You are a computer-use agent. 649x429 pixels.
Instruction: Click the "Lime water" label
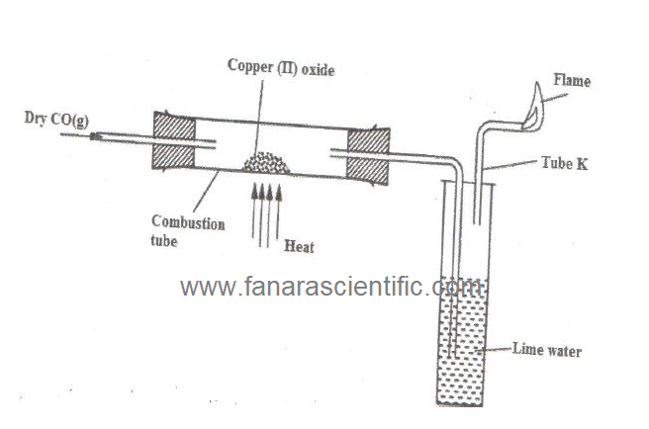point(546,349)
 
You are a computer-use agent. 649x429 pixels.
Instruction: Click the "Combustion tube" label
point(187,231)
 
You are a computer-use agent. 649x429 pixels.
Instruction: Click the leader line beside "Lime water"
point(495,350)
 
